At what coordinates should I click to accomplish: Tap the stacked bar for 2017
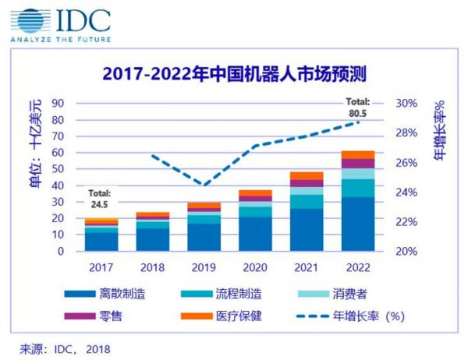coord(101,235)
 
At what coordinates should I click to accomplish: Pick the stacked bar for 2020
coord(256,221)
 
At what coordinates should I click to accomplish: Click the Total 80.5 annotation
coord(358,108)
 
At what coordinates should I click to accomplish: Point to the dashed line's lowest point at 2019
coord(204,185)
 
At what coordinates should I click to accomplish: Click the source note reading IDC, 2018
coord(66,348)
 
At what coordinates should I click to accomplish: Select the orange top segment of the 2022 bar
coord(358,154)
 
